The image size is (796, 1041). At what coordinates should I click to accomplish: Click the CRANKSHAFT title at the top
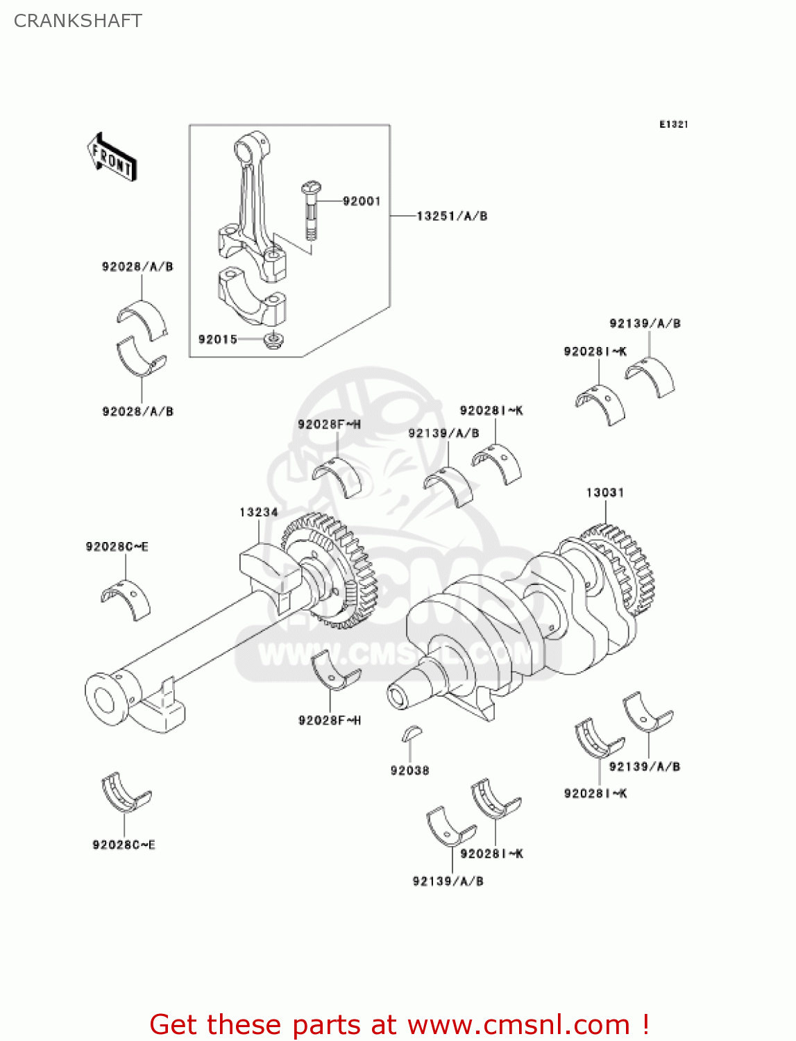click(x=78, y=21)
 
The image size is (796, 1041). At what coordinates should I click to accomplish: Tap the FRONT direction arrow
click(x=112, y=158)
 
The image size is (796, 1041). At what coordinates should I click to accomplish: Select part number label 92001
click(x=362, y=201)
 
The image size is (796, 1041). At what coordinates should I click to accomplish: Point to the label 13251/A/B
click(x=452, y=216)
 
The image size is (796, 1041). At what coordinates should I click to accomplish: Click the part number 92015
click(x=217, y=339)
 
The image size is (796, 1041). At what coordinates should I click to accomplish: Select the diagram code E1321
click(x=673, y=124)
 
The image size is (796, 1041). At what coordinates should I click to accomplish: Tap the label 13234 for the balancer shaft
click(x=258, y=512)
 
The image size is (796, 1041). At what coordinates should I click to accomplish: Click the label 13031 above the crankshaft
click(x=604, y=493)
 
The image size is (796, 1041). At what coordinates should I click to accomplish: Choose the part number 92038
click(x=409, y=770)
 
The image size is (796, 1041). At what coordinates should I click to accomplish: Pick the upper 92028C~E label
click(x=117, y=547)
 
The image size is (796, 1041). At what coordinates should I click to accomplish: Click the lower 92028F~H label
click(x=330, y=720)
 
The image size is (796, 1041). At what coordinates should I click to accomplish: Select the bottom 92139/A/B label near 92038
click(x=448, y=881)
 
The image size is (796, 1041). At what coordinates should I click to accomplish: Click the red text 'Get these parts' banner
click(x=399, y=1024)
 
